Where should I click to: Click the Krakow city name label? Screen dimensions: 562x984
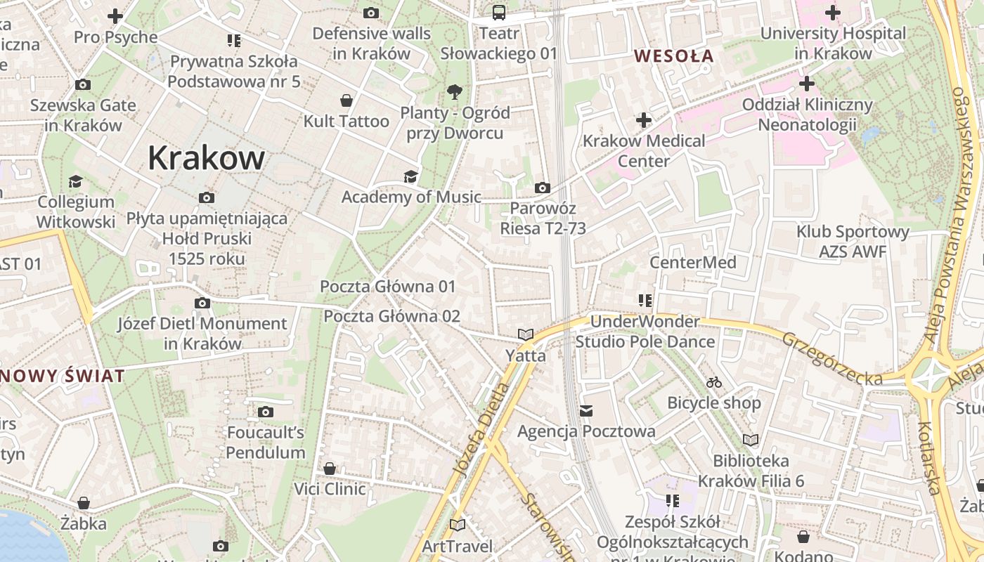[206, 158]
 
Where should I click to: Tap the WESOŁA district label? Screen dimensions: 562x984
[673, 56]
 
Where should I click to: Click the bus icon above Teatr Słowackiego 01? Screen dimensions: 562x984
[498, 12]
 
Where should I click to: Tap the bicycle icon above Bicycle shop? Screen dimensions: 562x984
[714, 383]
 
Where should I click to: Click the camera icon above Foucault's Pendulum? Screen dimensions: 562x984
[266, 412]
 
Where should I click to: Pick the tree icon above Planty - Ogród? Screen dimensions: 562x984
[455, 91]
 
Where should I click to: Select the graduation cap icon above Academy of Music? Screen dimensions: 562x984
[410, 176]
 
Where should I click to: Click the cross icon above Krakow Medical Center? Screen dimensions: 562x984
[644, 120]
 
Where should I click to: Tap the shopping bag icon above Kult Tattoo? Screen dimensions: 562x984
[346, 100]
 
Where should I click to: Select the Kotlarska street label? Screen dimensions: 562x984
[929, 457]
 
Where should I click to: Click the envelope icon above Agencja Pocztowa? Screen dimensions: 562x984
[586, 410]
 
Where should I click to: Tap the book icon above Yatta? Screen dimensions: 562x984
[526, 334]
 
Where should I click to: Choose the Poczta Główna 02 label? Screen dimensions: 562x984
[391, 316]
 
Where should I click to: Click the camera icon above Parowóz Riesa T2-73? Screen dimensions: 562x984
[542, 188]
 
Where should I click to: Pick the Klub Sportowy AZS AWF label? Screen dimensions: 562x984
[853, 241]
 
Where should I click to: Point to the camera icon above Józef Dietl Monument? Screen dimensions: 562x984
[202, 303]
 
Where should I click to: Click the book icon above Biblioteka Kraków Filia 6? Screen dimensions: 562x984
[751, 440]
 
